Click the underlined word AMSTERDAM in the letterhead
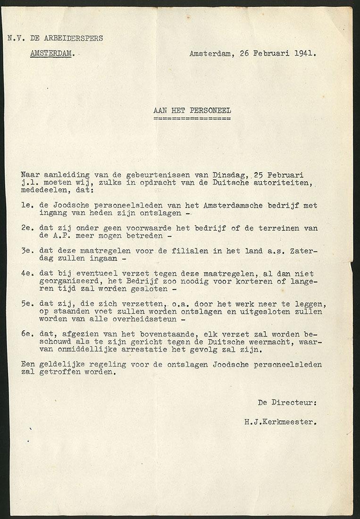[x=51, y=53]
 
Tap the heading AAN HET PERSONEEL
[x=192, y=110]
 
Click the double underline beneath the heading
[x=192, y=118]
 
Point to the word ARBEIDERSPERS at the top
[x=74, y=38]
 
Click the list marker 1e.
[x=26, y=206]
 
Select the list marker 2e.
[x=26, y=228]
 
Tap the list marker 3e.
[x=26, y=251]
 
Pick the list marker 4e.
[x=26, y=274]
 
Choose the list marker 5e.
[x=26, y=304]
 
